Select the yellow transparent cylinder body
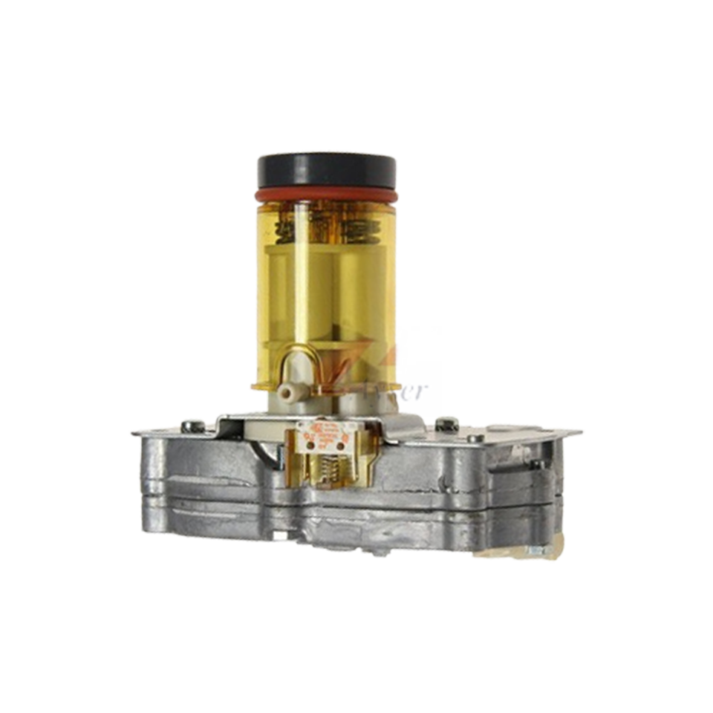(327, 282)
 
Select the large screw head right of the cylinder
(446, 425)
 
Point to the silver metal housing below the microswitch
(334, 512)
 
